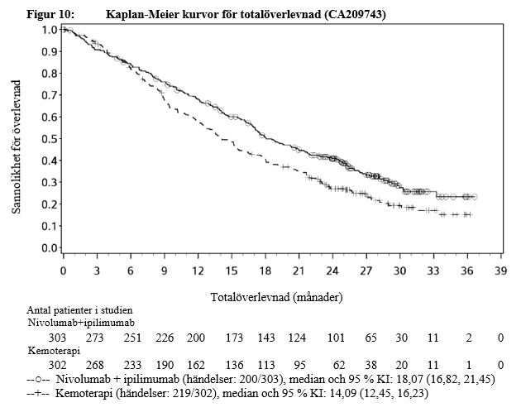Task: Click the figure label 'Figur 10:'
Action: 36,15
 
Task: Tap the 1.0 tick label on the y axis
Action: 49,30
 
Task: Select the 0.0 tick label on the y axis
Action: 49,247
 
